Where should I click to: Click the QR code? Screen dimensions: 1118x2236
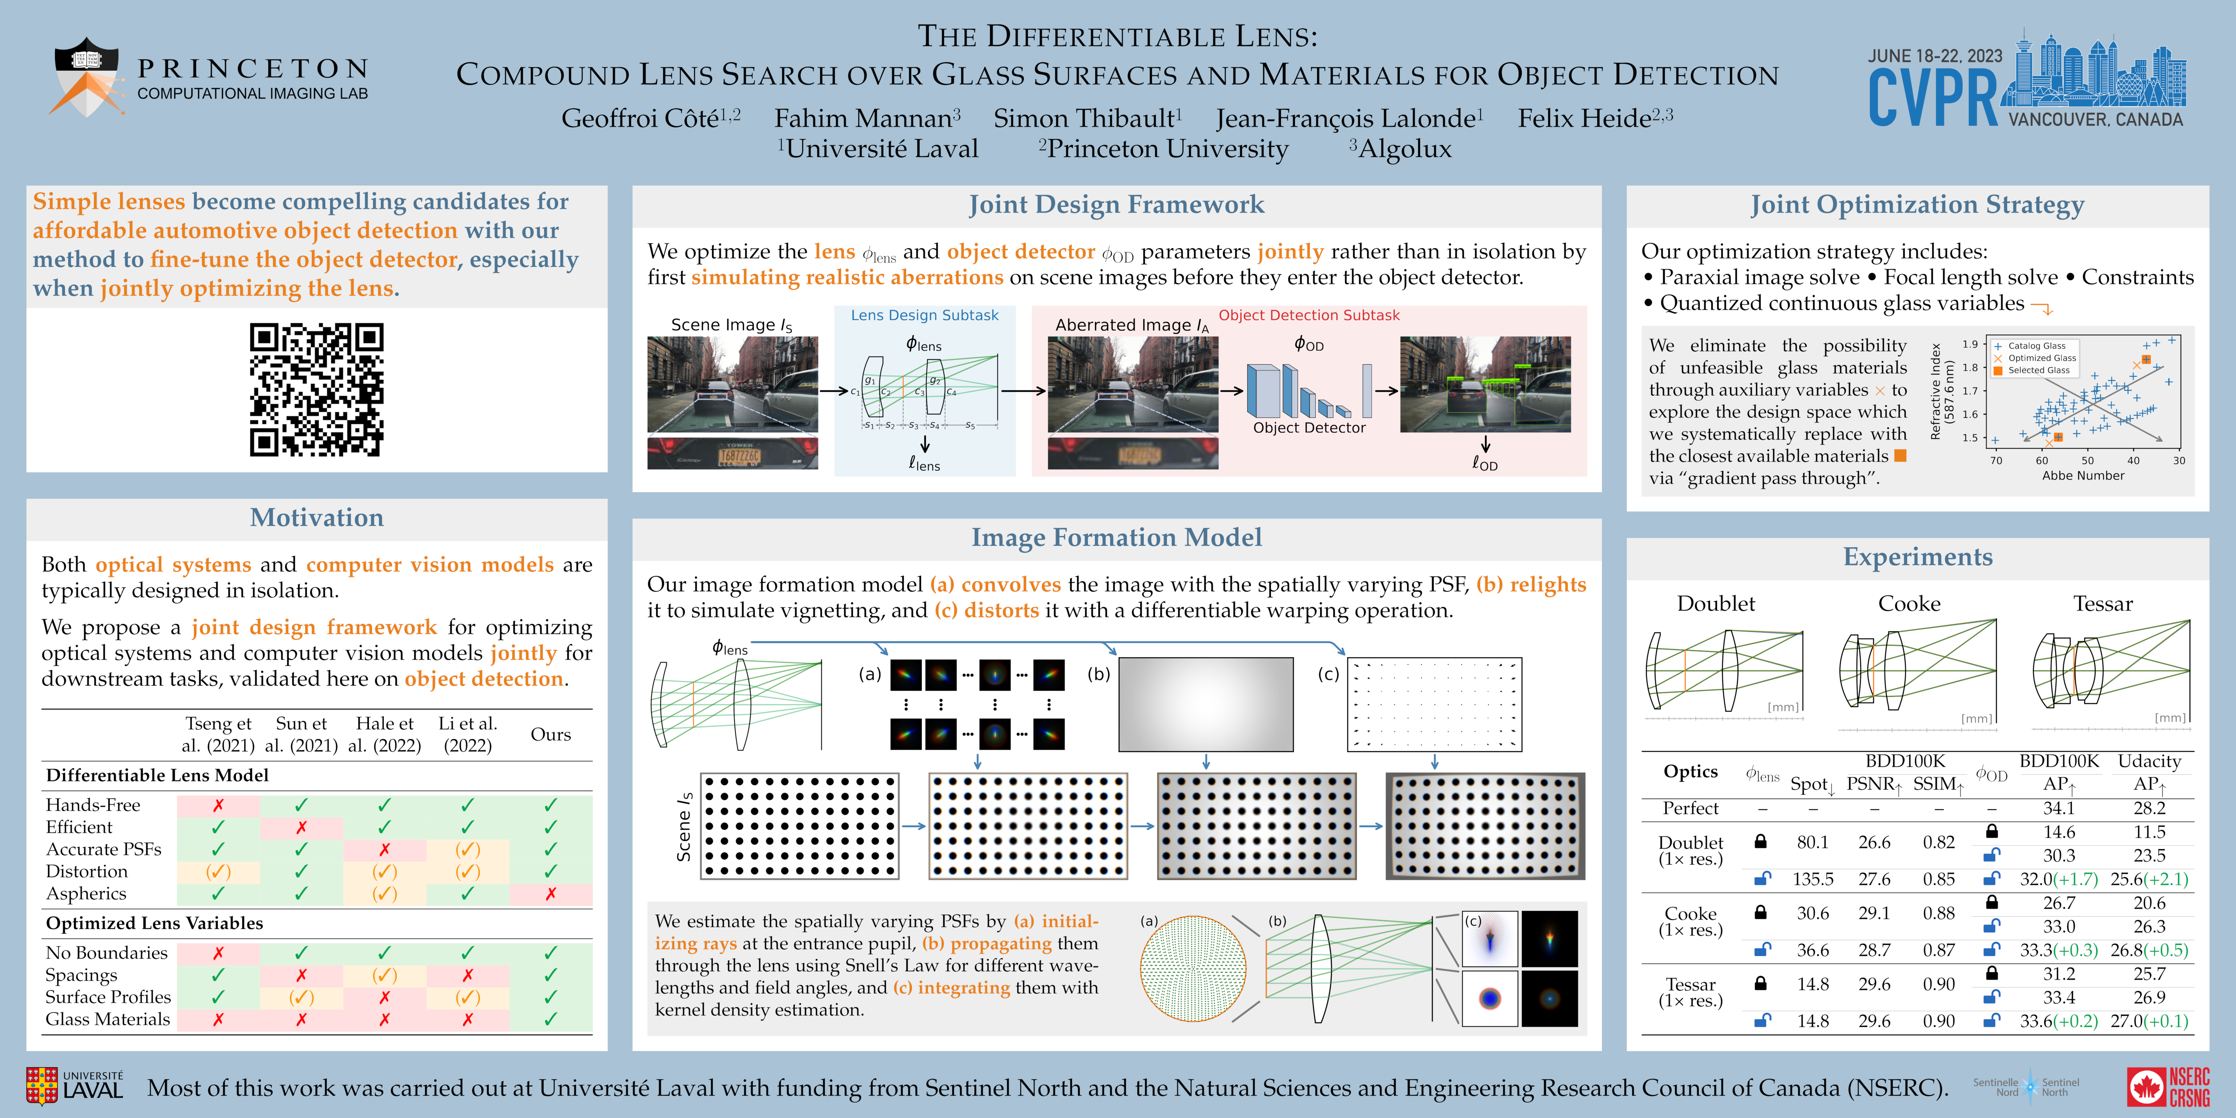point(317,390)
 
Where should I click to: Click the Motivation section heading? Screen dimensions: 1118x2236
point(317,518)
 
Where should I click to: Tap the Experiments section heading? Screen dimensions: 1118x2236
point(1918,556)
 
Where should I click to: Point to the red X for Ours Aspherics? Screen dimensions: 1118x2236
point(550,893)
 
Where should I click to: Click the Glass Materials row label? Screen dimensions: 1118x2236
point(107,1019)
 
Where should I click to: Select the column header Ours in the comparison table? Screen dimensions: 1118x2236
point(550,734)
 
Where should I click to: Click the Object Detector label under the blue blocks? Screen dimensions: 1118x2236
point(1309,428)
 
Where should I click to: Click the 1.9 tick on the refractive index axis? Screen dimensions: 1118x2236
point(1970,344)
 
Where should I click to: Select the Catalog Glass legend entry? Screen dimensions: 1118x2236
point(2036,345)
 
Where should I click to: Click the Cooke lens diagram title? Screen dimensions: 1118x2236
point(1909,603)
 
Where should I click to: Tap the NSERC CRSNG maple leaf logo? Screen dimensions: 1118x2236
point(2146,1087)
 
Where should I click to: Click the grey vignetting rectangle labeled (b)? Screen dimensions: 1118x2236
point(1206,704)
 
